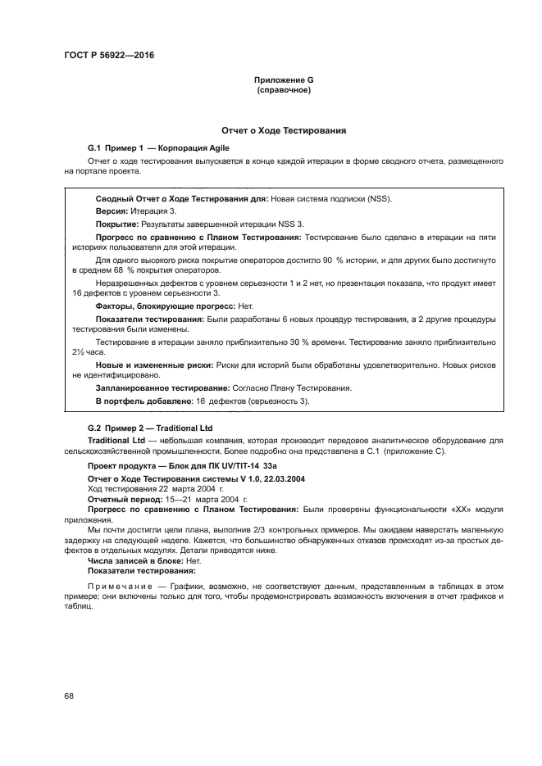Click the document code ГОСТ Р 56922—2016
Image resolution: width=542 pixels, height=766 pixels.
click(x=108, y=56)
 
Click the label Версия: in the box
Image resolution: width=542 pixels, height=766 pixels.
click(x=112, y=211)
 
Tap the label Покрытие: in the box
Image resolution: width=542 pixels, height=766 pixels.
click(x=117, y=223)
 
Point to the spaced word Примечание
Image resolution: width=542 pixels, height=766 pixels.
click(x=118, y=587)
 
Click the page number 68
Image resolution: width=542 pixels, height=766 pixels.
click(x=69, y=696)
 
